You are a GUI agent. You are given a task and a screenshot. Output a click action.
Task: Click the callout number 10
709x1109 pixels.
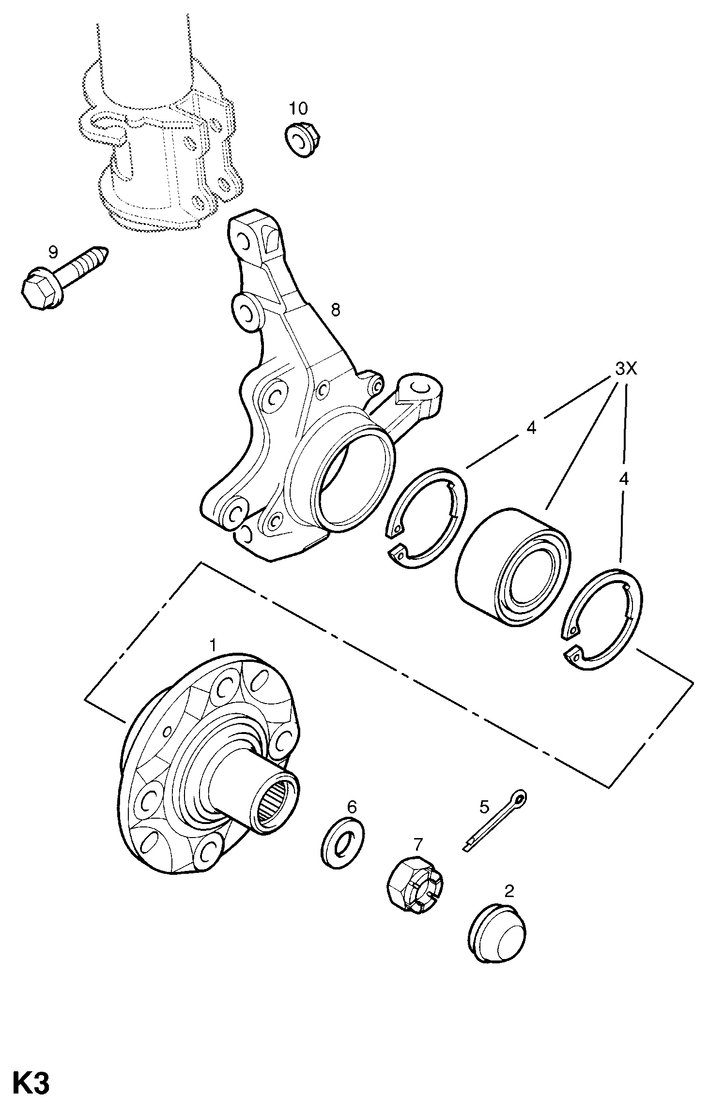click(x=299, y=108)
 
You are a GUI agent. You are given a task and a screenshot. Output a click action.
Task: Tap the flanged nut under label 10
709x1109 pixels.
click(x=303, y=140)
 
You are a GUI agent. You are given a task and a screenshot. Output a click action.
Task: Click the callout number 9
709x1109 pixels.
click(x=53, y=253)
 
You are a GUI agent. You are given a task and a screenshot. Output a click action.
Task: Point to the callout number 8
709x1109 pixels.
click(x=335, y=310)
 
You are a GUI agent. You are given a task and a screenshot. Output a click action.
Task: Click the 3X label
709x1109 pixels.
click(x=626, y=370)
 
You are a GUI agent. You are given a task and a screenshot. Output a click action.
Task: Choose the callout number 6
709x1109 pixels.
click(x=352, y=807)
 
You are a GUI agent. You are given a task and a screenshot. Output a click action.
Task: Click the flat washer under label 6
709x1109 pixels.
click(x=342, y=843)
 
